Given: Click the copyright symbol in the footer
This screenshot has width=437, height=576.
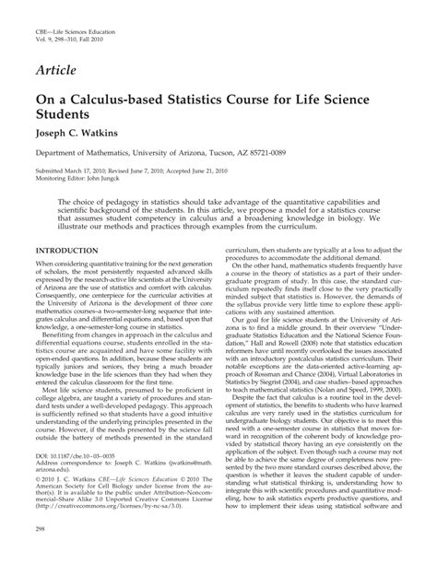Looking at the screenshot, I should (x=39, y=506).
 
